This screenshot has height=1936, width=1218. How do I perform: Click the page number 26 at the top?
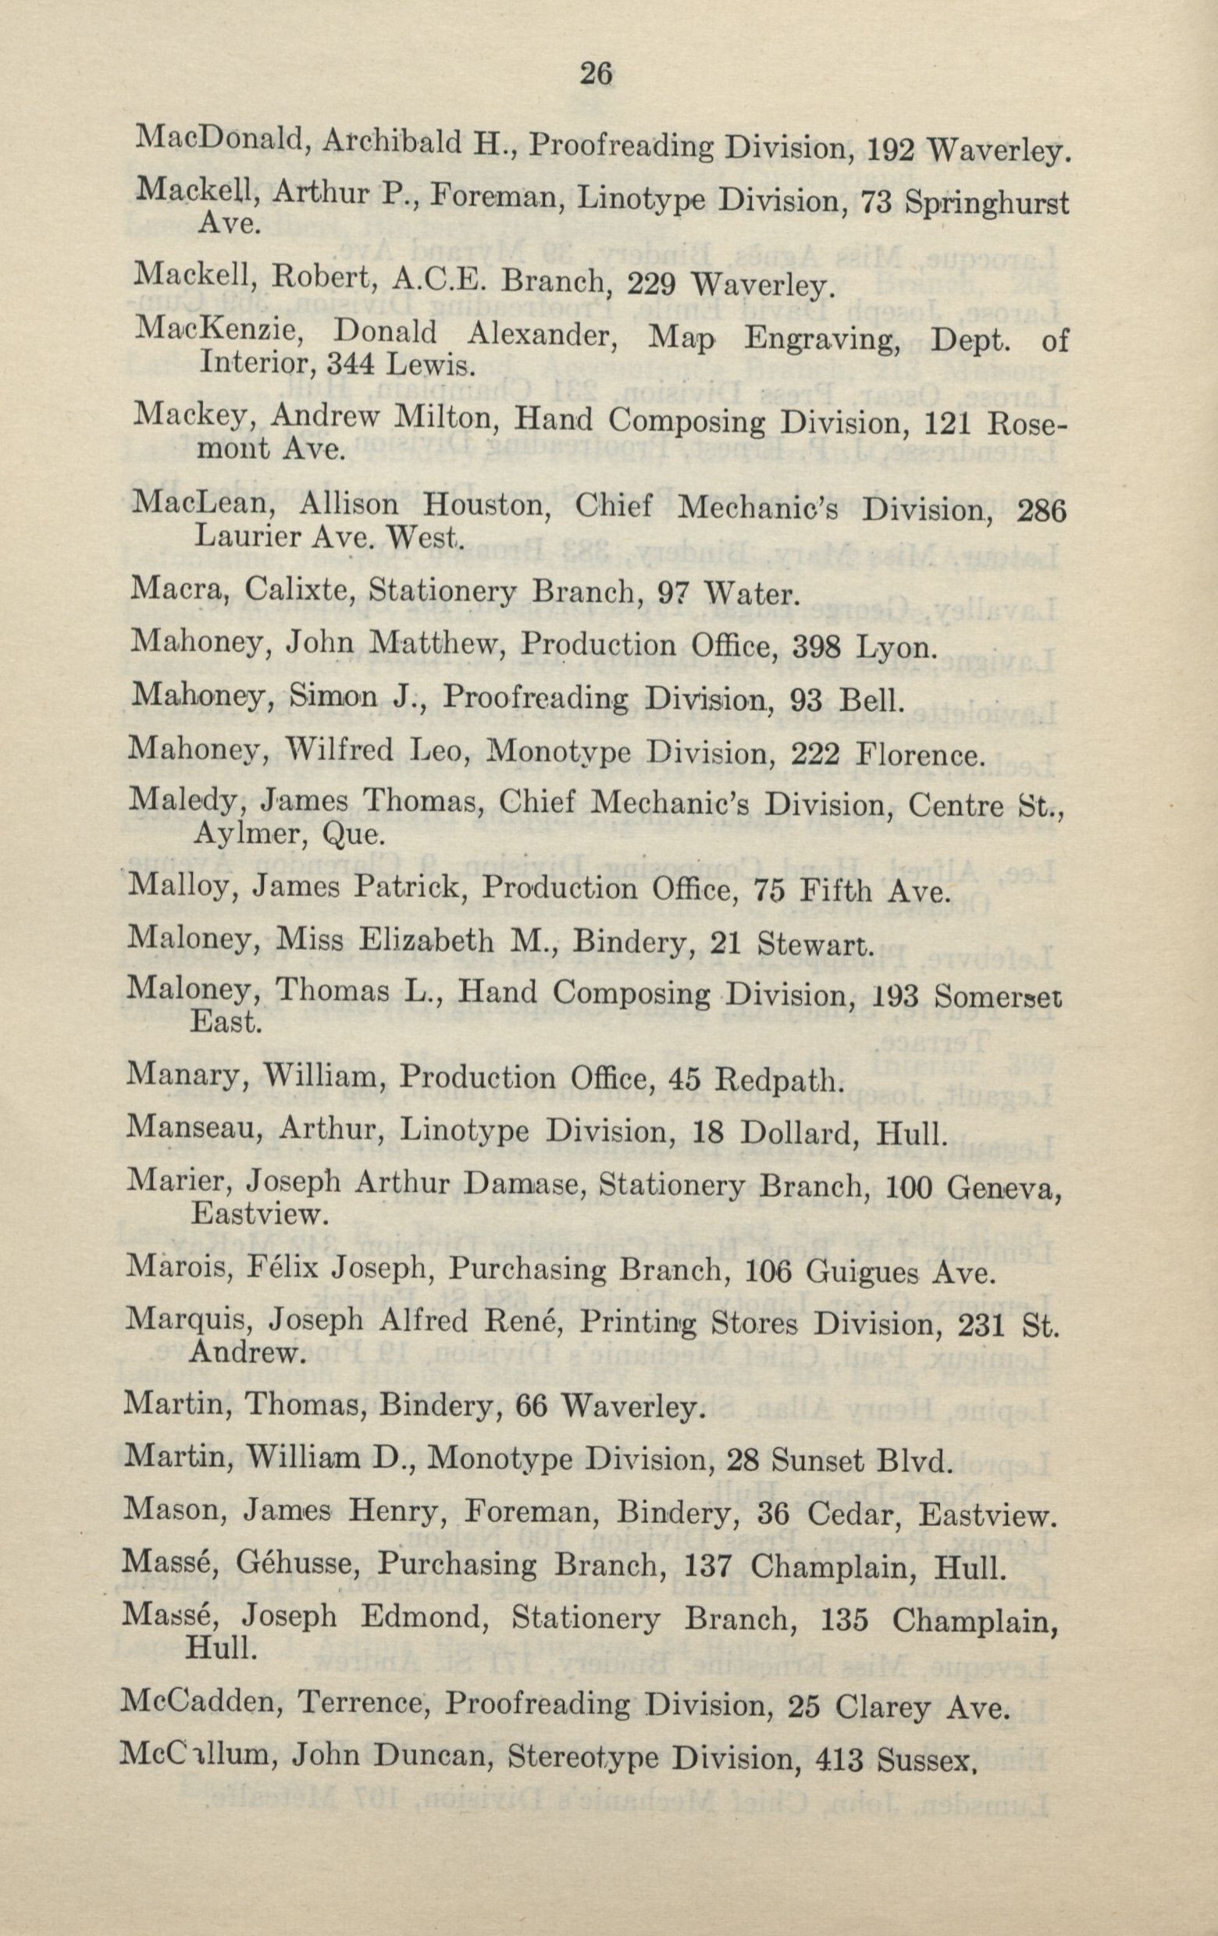pyautogui.click(x=597, y=74)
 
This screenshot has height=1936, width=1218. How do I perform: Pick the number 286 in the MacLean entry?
pyautogui.click(x=1042, y=511)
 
